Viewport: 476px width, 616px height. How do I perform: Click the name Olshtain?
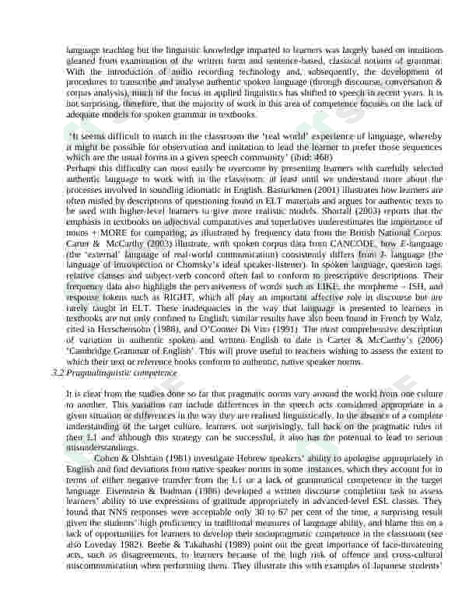(x=151, y=459)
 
